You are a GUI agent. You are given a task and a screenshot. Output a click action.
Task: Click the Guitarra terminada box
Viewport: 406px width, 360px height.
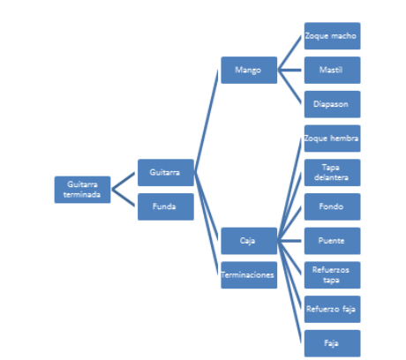pos(82,190)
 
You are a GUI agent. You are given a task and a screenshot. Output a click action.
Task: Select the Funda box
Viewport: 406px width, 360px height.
pos(166,206)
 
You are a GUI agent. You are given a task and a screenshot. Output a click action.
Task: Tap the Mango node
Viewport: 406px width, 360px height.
pos(249,70)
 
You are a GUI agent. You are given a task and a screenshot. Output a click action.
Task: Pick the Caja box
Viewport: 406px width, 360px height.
pos(249,241)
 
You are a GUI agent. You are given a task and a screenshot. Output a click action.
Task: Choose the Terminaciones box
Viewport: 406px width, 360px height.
pos(249,275)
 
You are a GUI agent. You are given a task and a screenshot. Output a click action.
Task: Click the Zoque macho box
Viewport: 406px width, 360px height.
pos(332,36)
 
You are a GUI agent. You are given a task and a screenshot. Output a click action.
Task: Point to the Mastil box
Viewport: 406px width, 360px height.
pos(332,70)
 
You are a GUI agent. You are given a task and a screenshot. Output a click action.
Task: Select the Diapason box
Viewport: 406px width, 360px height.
pos(332,104)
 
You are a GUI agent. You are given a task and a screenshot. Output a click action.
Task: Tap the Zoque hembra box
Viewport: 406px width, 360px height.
pos(332,139)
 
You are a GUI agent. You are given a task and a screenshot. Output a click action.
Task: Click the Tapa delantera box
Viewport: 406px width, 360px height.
pos(332,173)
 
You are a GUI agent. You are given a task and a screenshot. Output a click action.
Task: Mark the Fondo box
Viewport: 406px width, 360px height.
pos(332,206)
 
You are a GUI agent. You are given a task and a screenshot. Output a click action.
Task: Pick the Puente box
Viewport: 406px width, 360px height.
pos(332,241)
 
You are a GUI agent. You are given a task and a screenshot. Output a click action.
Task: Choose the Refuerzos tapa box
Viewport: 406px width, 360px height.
pos(332,275)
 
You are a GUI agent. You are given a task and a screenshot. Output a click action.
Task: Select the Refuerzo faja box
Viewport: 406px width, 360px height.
pos(332,309)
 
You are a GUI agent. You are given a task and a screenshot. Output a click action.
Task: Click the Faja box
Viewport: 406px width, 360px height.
pos(332,343)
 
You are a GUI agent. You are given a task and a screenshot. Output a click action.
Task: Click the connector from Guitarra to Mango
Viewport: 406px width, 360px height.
pos(206,121)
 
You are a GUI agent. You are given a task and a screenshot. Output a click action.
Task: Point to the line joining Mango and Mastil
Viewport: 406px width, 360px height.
pos(289,70)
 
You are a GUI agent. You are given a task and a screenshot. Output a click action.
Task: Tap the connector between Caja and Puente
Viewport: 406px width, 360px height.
pos(289,241)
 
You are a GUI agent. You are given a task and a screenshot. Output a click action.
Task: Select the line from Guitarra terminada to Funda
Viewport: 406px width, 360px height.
pos(123,198)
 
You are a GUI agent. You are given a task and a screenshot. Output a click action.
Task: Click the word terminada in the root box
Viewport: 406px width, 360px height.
pos(82,195)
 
